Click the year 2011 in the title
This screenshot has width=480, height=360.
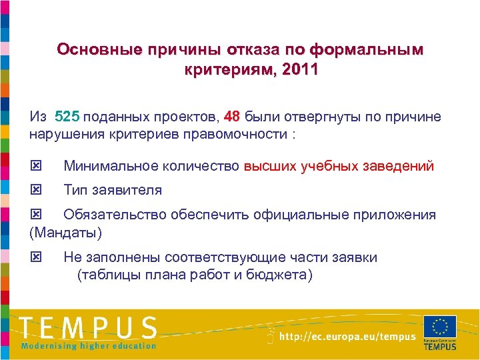pyautogui.click(x=300, y=69)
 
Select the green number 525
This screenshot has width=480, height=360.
pyautogui.click(x=67, y=117)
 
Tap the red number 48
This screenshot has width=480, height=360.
pyautogui.click(x=232, y=117)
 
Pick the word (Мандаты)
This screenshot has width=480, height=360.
pyautogui.click(x=65, y=233)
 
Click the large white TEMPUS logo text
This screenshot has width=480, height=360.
pyautogui.click(x=89, y=327)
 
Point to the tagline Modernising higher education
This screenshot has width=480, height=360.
pyautogui.click(x=89, y=346)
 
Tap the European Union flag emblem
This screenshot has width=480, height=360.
pyautogui.click(x=439, y=327)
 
